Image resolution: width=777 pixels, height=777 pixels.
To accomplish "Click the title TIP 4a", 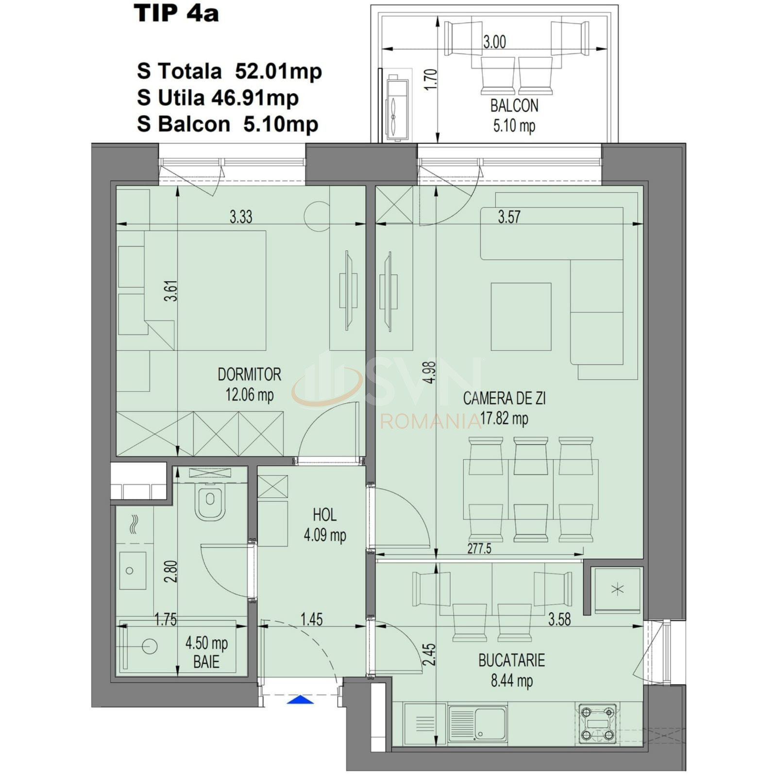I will tap(176, 14).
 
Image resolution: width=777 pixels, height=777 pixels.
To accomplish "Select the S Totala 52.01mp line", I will tap(229, 71).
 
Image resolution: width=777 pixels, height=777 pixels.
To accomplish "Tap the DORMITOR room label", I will tap(249, 374).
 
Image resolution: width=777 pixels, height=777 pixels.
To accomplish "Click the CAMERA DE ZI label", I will tap(504, 399).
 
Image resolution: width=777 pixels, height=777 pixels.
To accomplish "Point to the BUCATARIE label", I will tap(511, 660).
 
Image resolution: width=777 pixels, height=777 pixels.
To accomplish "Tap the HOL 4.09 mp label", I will tap(324, 525).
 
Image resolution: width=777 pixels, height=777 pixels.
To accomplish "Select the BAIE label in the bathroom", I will tap(206, 662).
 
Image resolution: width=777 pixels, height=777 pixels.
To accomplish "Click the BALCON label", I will tap(514, 105).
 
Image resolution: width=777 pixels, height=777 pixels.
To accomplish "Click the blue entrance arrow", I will tap(301, 700).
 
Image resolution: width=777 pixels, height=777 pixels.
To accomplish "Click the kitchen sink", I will tap(477, 724).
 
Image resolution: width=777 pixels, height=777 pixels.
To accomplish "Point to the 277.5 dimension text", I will tap(479, 548).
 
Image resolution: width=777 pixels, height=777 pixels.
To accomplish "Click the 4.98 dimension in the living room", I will tap(430, 373).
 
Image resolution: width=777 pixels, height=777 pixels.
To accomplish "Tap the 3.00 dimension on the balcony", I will tap(494, 42).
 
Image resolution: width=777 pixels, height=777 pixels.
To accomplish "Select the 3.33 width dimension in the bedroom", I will tap(241, 217).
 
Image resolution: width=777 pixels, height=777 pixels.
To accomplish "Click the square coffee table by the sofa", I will tap(521, 317).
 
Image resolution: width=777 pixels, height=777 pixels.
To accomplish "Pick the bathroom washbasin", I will tap(132, 571).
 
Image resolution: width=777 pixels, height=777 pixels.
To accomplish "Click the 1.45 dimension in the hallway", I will tap(311, 619).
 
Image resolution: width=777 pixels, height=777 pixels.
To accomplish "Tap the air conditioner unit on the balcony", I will tap(397, 106).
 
